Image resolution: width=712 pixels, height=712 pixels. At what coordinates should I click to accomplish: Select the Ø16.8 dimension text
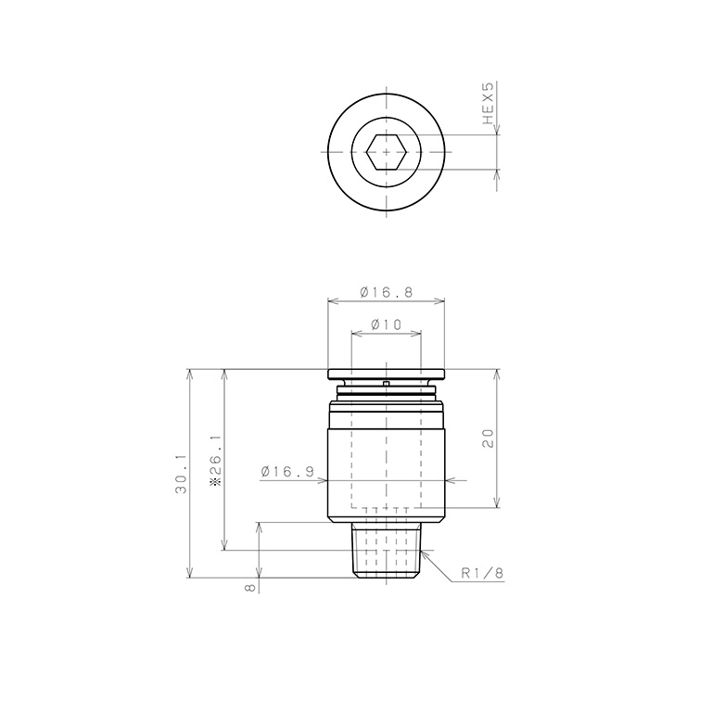point(387,292)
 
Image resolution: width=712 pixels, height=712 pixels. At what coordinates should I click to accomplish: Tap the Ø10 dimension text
point(387,324)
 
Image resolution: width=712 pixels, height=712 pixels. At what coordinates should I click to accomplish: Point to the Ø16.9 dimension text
point(287,472)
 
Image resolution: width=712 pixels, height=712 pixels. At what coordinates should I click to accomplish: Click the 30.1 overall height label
point(182,474)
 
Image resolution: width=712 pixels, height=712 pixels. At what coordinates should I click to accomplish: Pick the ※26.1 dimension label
point(215,461)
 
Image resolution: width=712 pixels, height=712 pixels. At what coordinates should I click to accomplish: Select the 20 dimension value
point(488,439)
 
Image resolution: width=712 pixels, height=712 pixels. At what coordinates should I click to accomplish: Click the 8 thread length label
point(249,588)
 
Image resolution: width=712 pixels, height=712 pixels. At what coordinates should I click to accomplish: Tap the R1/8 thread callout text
point(482,573)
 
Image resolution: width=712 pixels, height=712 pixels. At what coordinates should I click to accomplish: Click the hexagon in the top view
point(386,152)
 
